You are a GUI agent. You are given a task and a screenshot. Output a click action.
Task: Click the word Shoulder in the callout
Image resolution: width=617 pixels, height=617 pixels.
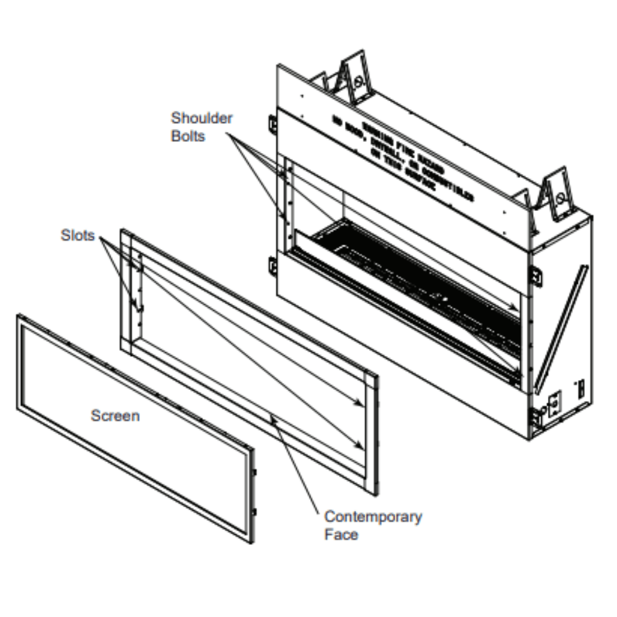pyautogui.click(x=202, y=118)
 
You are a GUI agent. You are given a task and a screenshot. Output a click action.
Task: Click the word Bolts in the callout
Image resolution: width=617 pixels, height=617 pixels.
pyautogui.click(x=188, y=136)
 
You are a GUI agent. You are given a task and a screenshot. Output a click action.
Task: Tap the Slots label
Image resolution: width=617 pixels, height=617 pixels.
pyautogui.click(x=78, y=235)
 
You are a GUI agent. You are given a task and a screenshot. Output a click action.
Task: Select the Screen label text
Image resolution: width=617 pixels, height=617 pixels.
pyautogui.click(x=115, y=416)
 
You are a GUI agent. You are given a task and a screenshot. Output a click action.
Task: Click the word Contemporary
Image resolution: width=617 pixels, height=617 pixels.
pyautogui.click(x=373, y=516)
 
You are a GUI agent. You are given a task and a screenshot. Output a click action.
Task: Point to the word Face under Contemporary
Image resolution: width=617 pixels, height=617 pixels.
pyautogui.click(x=341, y=534)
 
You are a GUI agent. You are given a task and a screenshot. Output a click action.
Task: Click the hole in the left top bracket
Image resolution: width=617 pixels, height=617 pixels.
pyautogui.click(x=358, y=81)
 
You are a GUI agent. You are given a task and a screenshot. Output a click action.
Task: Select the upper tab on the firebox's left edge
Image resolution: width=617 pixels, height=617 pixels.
pyautogui.click(x=272, y=123)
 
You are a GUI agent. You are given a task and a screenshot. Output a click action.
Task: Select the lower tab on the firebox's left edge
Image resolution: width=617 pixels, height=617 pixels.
pyautogui.click(x=272, y=267)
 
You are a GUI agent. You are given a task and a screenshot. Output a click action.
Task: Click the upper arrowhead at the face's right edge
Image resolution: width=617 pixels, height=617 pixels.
pyautogui.click(x=360, y=404)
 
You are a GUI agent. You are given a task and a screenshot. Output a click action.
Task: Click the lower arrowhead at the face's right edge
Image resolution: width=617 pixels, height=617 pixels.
pyautogui.click(x=360, y=444)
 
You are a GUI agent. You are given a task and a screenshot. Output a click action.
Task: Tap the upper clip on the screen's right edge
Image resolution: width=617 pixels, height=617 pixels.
pyautogui.click(x=254, y=472)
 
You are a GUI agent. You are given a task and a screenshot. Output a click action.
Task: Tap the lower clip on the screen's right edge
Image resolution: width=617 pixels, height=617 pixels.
pyautogui.click(x=254, y=511)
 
